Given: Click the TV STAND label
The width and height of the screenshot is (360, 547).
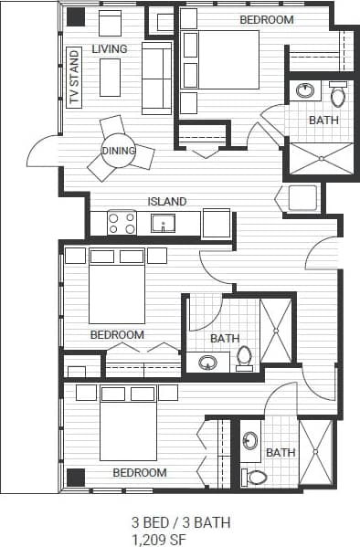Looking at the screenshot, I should [x=75, y=79].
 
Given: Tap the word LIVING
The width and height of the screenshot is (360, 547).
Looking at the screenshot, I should [x=109, y=47].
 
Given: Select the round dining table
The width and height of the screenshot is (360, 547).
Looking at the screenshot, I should [x=119, y=152].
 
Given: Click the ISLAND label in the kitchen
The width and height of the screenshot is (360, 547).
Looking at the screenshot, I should [x=167, y=202].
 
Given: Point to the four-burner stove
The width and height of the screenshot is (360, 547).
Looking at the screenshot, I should [x=122, y=223].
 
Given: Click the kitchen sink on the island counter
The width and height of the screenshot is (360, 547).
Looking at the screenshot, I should [x=164, y=223].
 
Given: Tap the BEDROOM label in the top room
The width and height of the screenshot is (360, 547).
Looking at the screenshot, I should [x=267, y=19].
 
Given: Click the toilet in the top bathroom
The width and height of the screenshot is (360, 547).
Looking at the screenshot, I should [x=337, y=95].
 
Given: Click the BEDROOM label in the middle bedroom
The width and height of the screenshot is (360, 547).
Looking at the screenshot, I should [x=117, y=334].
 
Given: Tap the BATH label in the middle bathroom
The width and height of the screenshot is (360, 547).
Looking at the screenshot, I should [x=225, y=339].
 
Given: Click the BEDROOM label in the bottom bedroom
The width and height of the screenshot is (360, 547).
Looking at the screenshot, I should [x=139, y=473].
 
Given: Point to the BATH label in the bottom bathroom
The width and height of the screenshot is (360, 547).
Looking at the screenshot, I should [x=281, y=452].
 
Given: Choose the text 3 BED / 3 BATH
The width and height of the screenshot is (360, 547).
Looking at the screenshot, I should [x=181, y=522].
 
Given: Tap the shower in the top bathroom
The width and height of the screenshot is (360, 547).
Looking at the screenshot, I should [x=321, y=158].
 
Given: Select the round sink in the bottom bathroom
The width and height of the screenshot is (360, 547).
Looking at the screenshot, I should [x=251, y=441].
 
